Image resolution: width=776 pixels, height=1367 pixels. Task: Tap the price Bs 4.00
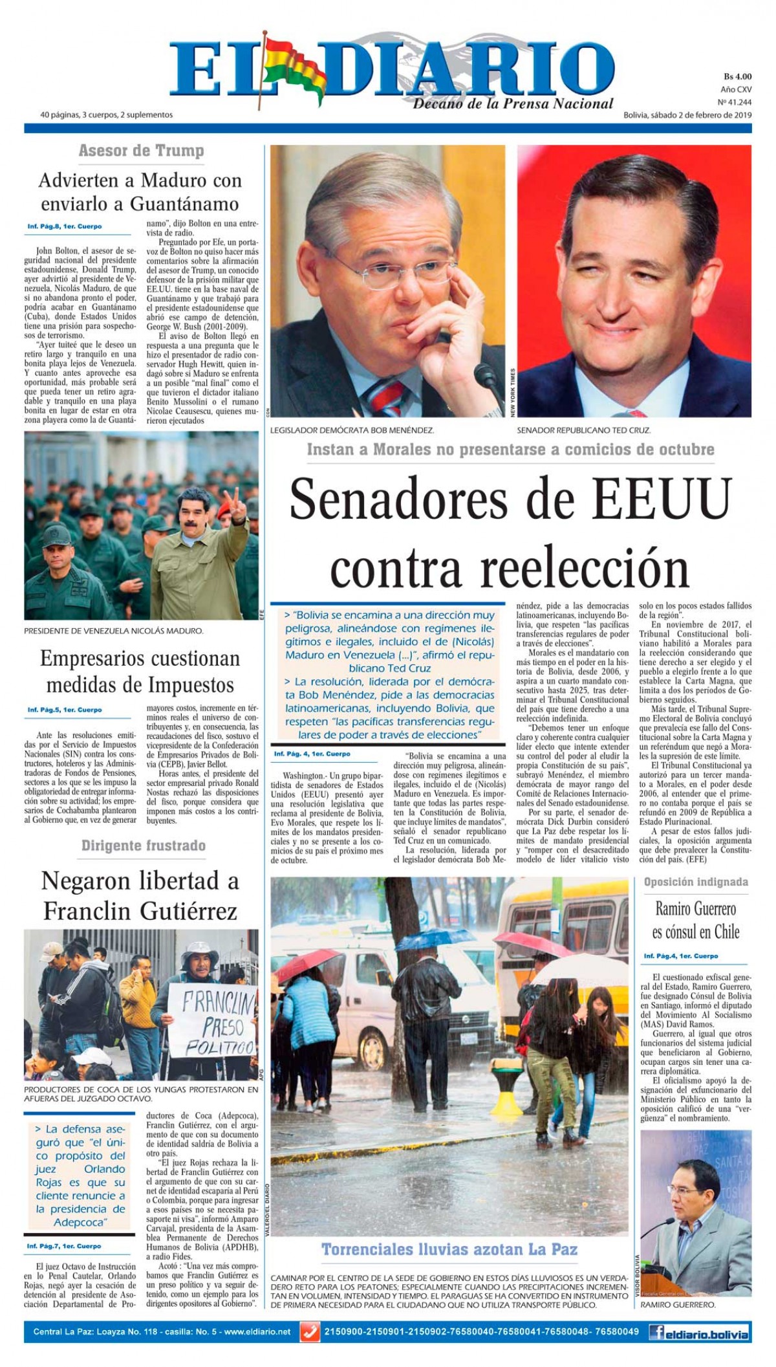[737, 76]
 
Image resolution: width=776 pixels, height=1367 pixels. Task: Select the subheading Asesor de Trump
[141, 151]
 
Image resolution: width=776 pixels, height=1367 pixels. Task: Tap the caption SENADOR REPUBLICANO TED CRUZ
[583, 430]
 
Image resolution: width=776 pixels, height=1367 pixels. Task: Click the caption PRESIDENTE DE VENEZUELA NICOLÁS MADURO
[114, 630]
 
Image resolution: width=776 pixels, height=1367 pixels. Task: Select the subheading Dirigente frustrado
[143, 846]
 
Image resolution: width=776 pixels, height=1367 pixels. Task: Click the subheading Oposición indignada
[696, 882]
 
